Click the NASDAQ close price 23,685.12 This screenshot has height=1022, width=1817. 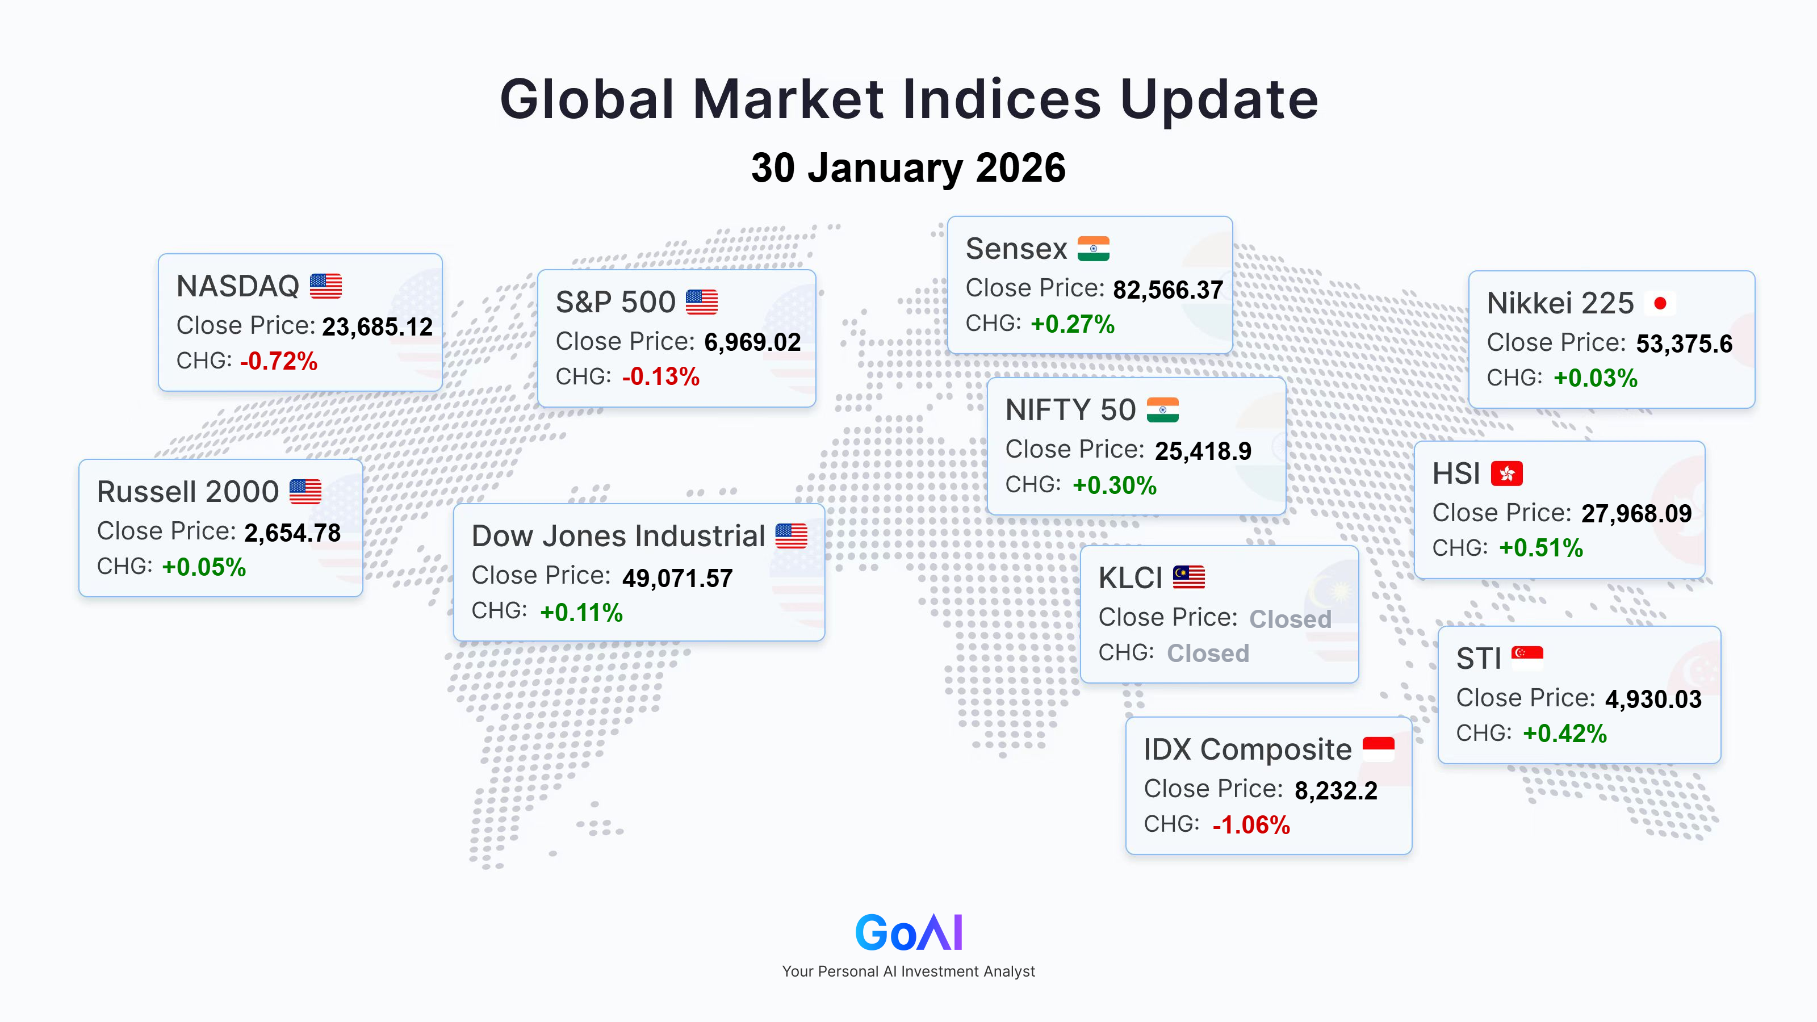click(x=378, y=326)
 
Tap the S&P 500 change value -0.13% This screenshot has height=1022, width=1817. click(x=661, y=376)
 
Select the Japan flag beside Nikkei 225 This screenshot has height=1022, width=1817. click(x=1660, y=303)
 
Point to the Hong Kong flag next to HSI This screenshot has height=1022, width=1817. click(x=1506, y=474)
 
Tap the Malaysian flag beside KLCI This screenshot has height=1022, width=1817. click(x=1188, y=577)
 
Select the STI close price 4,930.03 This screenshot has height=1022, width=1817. click(x=1653, y=699)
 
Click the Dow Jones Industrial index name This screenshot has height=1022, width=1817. click(x=618, y=536)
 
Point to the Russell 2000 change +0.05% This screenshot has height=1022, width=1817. click(x=204, y=567)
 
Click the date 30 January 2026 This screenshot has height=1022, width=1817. click(x=909, y=168)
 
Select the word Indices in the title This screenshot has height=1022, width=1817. click(x=1002, y=99)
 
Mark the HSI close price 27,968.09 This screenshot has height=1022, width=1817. click(x=1636, y=513)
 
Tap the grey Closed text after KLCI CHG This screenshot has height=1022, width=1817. click(x=1208, y=653)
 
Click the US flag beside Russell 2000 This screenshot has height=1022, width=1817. click(x=305, y=492)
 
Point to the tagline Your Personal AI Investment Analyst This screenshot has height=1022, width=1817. click(x=909, y=971)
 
